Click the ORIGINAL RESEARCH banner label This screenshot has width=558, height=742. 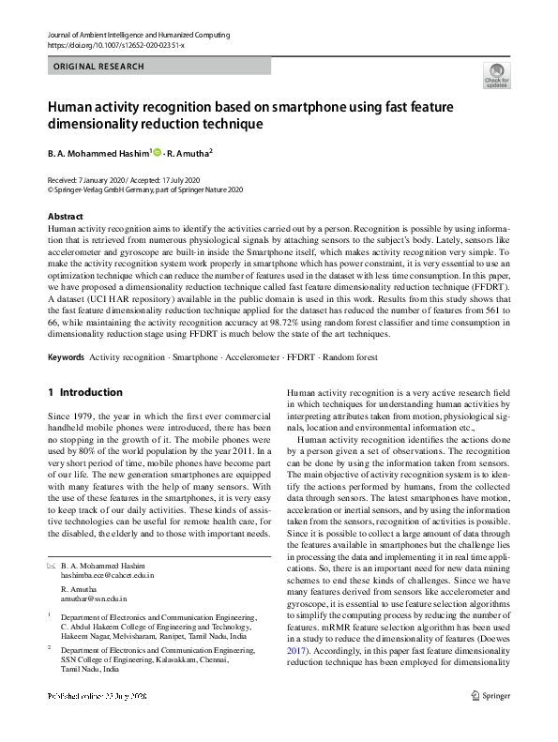(98, 67)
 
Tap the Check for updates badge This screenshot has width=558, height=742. (496, 75)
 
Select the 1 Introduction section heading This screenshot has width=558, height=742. (84, 392)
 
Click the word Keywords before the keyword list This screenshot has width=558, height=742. (66, 358)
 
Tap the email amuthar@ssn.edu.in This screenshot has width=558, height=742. (93, 598)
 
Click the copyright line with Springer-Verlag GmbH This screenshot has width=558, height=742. (145, 188)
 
